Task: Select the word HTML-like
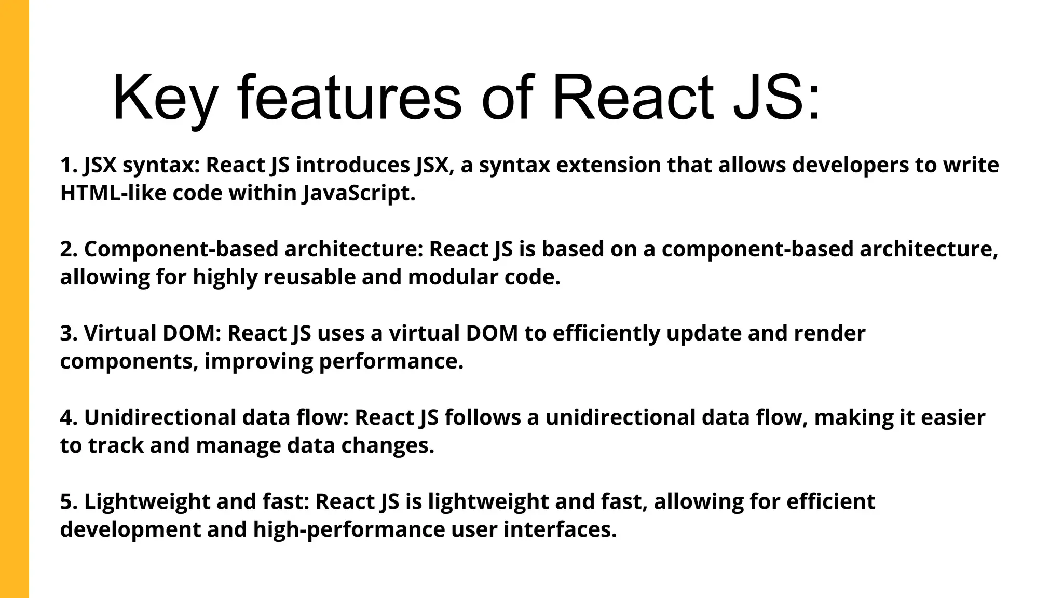pos(113,193)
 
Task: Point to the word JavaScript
pos(359,193)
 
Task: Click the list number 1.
pos(69,165)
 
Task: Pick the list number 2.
pos(69,249)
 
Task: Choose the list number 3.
pos(69,333)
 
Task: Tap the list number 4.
pos(69,417)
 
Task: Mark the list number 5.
pos(69,501)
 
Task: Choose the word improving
pos(258,361)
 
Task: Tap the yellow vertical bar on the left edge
pos(14,299)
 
